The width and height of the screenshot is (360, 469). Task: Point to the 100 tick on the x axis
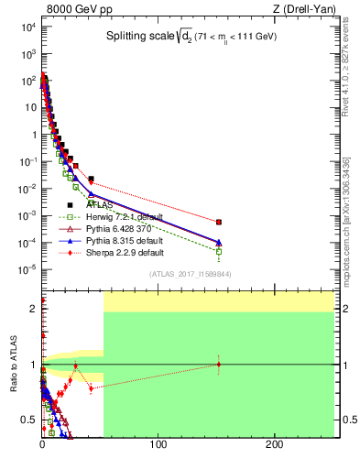click(x=158, y=446)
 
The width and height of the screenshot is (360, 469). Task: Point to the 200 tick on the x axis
click(x=276, y=446)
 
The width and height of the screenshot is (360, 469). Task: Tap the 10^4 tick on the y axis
click(x=27, y=27)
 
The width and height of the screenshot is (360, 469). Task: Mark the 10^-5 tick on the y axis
click(x=27, y=269)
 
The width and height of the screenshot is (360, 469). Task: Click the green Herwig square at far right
click(x=219, y=251)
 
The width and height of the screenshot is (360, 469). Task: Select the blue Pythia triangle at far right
click(x=219, y=242)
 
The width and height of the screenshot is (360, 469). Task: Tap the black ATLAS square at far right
click(x=219, y=222)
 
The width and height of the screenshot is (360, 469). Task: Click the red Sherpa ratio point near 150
click(x=219, y=365)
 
